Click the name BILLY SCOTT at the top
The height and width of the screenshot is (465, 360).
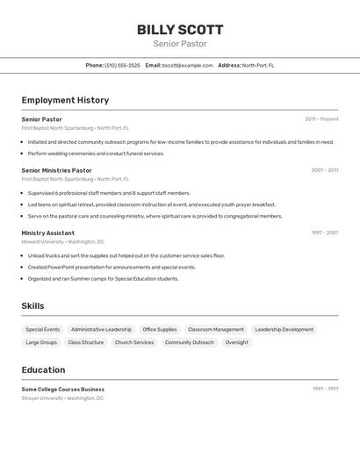point(179,30)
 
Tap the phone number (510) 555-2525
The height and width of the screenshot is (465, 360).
point(122,65)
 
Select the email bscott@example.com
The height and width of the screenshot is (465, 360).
point(187,65)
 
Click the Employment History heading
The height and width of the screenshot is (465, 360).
point(65,100)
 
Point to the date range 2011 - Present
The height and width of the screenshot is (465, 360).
point(321,119)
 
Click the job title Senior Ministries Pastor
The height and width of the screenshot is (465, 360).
point(56,170)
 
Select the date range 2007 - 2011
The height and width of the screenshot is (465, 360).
point(324,170)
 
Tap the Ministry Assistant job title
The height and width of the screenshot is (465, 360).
point(48,232)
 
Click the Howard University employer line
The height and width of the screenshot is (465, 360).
point(62,241)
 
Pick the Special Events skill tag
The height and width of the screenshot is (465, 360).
point(42,330)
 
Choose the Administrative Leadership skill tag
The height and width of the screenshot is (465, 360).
point(101,330)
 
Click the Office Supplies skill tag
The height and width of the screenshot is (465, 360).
point(160,330)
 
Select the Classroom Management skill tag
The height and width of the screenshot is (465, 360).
point(216,330)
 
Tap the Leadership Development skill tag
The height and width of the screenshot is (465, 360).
point(284,330)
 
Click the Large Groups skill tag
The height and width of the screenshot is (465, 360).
point(41,343)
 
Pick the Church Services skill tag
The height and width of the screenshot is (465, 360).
point(134,343)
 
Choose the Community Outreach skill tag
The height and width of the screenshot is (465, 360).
point(189,343)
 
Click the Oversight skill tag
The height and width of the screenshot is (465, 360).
point(236,343)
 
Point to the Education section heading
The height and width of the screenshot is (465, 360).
point(43,370)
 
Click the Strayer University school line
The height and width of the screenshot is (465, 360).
point(62,397)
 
